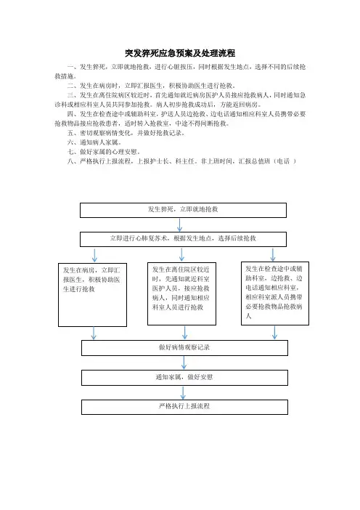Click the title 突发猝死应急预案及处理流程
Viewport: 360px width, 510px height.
[180, 53]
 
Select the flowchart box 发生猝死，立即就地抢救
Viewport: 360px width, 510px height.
[183, 210]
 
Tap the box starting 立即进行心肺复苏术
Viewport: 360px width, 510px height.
[183, 239]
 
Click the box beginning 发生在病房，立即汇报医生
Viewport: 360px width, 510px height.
[93, 295]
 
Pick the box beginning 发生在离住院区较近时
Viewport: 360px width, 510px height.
[181, 294]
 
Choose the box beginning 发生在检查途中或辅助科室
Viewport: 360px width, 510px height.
[275, 294]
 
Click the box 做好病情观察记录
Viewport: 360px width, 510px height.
[184, 348]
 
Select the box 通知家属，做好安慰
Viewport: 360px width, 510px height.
[184, 378]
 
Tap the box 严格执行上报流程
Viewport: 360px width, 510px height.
[184, 407]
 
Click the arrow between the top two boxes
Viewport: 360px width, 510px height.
[179, 224]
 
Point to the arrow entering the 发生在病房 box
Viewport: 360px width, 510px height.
[94, 255]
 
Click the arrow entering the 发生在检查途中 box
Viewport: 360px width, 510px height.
[273, 255]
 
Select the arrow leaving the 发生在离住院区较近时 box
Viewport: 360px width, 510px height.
[184, 333]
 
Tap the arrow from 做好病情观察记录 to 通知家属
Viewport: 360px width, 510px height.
[184, 363]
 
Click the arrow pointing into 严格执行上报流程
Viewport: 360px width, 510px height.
[183, 392]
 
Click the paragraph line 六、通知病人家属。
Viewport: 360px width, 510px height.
[94, 142]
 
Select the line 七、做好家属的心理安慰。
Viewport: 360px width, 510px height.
[104, 152]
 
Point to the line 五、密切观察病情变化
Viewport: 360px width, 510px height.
[126, 133]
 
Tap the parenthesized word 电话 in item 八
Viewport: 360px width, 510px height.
[283, 161]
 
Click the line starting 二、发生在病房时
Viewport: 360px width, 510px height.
[152, 86]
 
